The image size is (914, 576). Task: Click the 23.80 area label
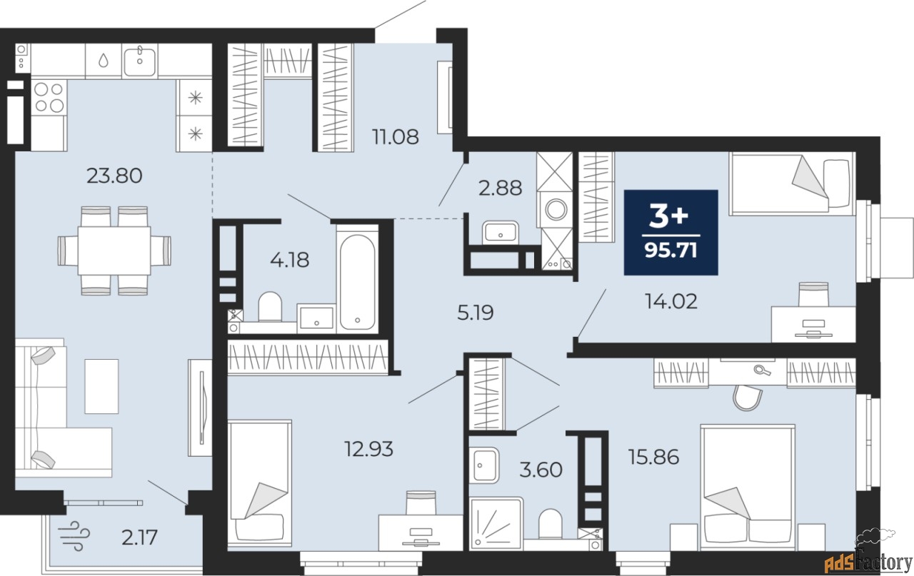[114, 176]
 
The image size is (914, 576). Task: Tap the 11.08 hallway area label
[396, 137]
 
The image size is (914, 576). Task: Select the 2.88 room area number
[500, 188]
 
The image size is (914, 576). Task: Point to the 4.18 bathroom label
[290, 260]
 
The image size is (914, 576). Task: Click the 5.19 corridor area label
[476, 313]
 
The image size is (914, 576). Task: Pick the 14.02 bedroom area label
[671, 302]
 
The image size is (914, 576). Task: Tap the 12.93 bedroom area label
[369, 449]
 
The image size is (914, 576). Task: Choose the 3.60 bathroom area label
[541, 470]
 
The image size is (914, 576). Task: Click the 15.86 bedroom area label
[653, 458]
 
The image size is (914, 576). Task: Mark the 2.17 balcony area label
[139, 537]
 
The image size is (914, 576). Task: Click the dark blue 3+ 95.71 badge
[671, 232]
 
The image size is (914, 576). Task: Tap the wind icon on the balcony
[74, 535]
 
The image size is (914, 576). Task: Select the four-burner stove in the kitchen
[49, 97]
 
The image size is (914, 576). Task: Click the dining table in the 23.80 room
[114, 251]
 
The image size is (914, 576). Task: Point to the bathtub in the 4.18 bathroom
[358, 282]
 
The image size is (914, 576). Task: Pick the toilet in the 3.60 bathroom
[551, 524]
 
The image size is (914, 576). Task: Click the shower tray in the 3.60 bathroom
[496, 523]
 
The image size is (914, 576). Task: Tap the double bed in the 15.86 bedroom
[748, 487]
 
